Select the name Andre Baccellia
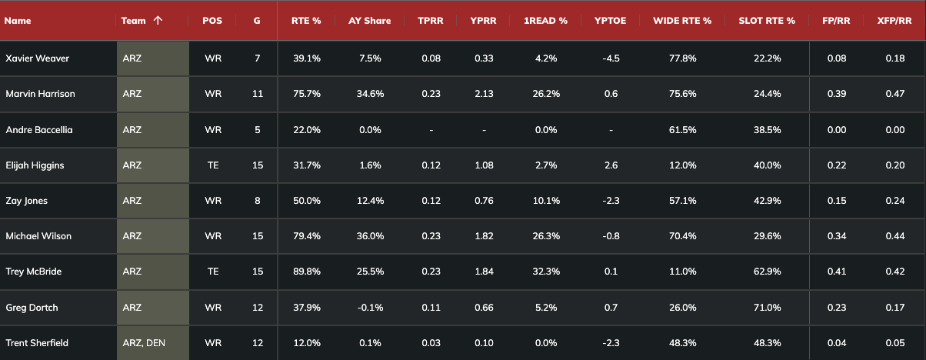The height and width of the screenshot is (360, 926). point(38,130)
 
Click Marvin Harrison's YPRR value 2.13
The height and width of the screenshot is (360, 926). point(484,94)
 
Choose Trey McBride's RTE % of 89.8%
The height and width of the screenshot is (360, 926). point(306,272)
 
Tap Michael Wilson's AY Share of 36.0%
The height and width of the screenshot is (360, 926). point(370,236)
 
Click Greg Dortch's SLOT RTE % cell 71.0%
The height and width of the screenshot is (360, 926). point(766,308)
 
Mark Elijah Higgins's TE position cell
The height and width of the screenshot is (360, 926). point(213,165)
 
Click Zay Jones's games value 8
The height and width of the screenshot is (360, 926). point(257,201)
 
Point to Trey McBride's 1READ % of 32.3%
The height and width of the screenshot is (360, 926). point(546,272)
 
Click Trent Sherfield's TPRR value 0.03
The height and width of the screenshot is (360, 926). point(431,343)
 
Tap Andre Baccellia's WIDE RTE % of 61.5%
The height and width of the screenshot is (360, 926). point(681,130)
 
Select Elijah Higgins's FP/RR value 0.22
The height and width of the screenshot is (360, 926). point(836,165)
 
